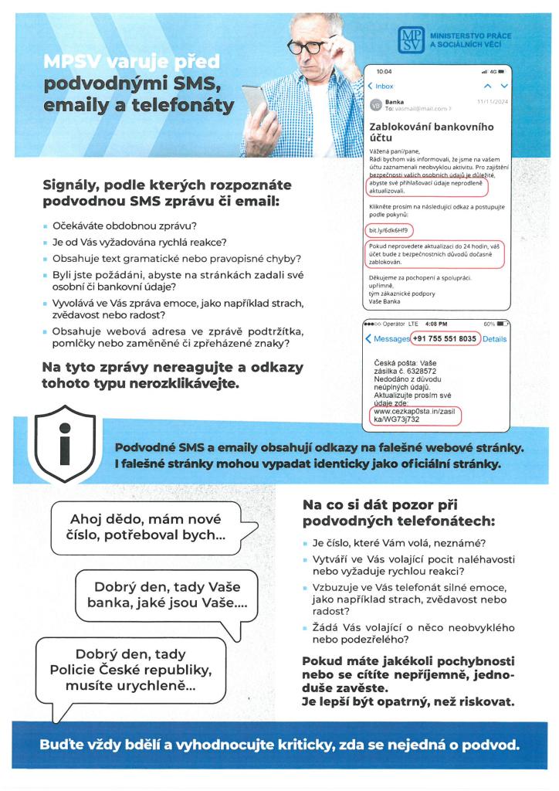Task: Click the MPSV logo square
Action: (411, 40)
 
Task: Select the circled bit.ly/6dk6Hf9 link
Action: (388, 230)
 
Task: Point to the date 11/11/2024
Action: (493, 100)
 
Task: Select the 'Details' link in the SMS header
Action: (495, 339)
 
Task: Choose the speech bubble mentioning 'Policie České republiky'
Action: (131, 670)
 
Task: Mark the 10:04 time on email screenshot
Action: (384, 71)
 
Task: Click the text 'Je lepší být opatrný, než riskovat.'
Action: (408, 702)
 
